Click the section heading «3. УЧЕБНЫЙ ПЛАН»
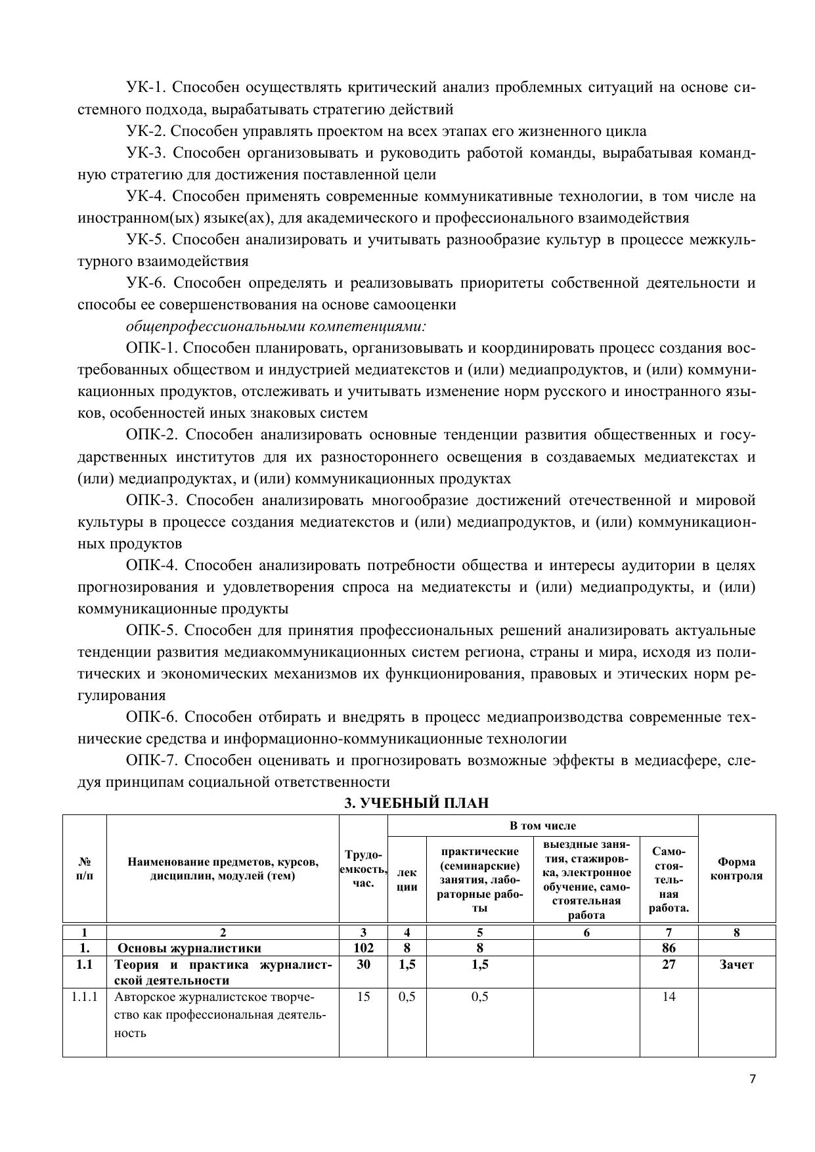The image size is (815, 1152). point(417,803)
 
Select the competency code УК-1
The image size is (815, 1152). point(144,87)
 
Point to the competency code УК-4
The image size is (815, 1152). point(144,196)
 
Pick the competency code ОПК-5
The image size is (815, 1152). point(150,631)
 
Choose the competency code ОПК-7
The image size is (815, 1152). point(150,761)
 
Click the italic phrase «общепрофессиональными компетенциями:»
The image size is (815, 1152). point(276,326)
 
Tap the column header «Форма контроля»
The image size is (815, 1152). point(736,869)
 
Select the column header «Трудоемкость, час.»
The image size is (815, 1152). point(363,869)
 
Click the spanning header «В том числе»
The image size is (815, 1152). point(542,826)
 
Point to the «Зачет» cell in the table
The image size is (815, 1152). point(736,965)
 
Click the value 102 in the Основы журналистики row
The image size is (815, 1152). point(363,948)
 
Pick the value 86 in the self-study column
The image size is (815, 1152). point(669,948)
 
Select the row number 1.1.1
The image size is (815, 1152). point(85,997)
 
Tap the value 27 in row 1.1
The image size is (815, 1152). point(669,965)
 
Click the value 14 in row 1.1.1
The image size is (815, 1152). point(669,997)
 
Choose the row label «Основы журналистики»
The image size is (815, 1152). point(189,948)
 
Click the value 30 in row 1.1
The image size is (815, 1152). point(363,965)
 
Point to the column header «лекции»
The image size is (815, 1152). point(407,879)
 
